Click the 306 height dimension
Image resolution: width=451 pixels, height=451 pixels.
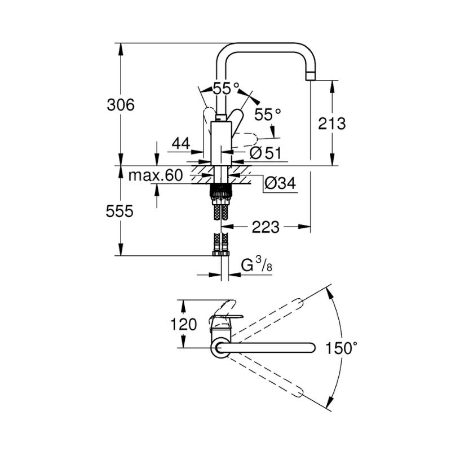[121, 105]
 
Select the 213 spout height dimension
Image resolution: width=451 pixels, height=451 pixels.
[331, 123]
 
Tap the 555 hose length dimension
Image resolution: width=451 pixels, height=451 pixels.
[120, 211]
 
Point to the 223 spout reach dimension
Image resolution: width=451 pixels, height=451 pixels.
[266, 227]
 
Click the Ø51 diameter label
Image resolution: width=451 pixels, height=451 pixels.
[265, 153]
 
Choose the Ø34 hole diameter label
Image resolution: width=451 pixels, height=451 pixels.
[280, 183]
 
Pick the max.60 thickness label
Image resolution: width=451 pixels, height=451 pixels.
[156, 175]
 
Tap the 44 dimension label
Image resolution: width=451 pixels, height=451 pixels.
[181, 143]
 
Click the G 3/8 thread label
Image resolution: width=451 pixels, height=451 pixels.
[257, 264]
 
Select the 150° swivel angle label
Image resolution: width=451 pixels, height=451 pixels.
[341, 348]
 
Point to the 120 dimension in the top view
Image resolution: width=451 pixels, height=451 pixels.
[184, 324]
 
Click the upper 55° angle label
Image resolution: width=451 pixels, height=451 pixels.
[226, 89]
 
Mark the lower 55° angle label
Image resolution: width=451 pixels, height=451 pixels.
[267, 114]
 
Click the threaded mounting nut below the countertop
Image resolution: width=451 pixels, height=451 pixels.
[221, 191]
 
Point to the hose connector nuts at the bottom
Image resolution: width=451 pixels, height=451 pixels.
[221, 253]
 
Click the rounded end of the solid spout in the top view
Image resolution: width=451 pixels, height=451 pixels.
[312, 348]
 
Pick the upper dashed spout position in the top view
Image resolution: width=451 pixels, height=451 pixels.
[267, 317]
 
